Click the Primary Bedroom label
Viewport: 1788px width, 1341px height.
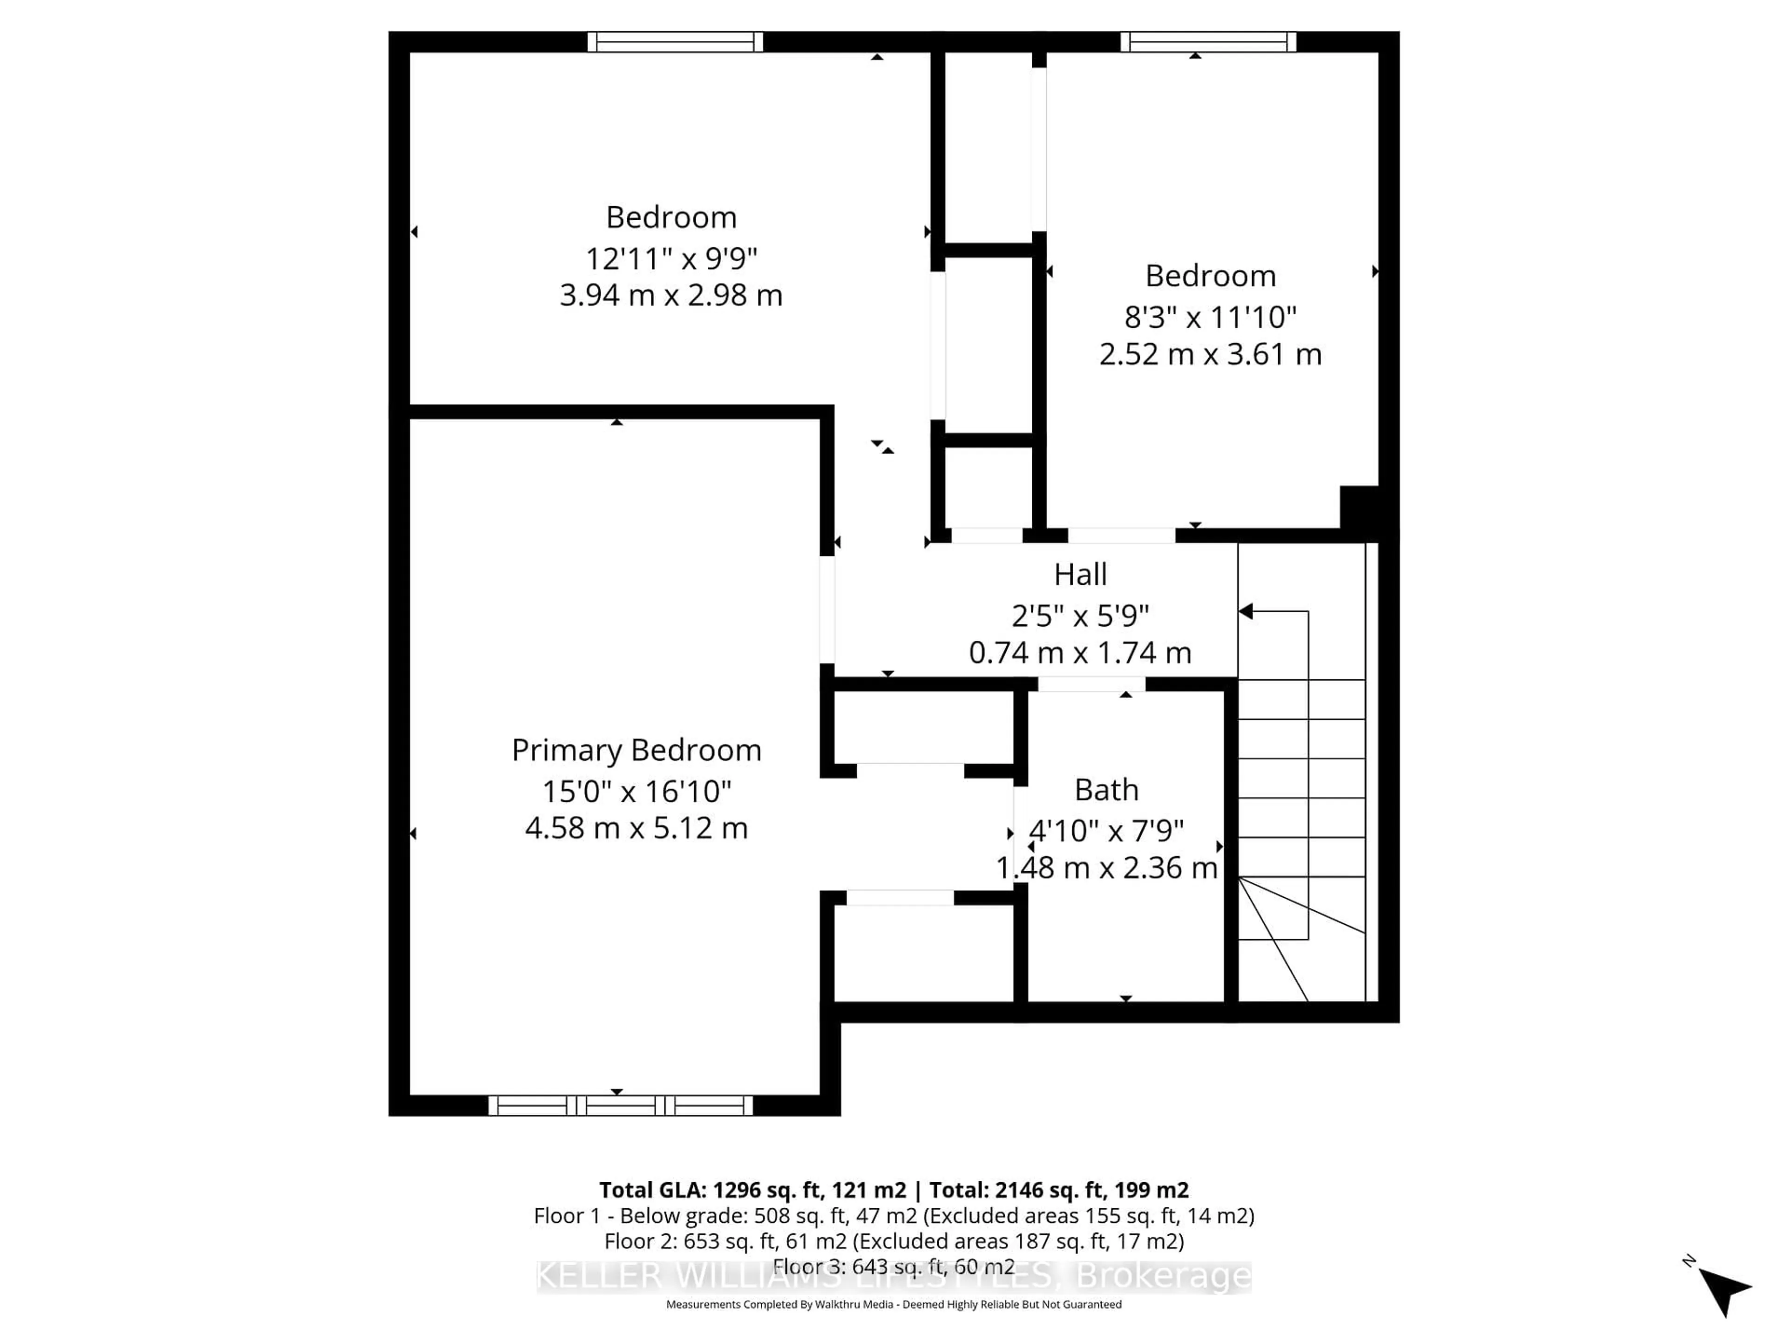(x=636, y=750)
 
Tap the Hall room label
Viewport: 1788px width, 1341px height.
(x=1080, y=575)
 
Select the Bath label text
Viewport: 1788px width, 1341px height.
(x=1106, y=790)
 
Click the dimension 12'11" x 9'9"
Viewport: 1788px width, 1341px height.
(x=671, y=259)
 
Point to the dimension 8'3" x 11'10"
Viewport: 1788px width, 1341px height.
(x=1210, y=317)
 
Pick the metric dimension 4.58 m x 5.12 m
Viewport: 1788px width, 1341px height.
(x=636, y=828)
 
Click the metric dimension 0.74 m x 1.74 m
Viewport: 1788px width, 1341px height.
(x=1080, y=652)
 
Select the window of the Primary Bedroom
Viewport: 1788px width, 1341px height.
(x=620, y=1105)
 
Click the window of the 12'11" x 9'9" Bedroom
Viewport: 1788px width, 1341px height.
(x=675, y=41)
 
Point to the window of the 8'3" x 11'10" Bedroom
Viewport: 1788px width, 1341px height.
(x=1208, y=41)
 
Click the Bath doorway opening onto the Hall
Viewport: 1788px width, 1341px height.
(x=1091, y=684)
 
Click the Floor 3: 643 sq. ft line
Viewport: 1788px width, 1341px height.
(x=893, y=1266)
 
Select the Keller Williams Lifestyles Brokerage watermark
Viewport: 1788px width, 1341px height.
(x=893, y=1277)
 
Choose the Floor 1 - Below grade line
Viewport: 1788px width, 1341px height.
(x=893, y=1216)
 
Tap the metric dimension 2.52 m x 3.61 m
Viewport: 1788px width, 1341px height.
(x=1210, y=354)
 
